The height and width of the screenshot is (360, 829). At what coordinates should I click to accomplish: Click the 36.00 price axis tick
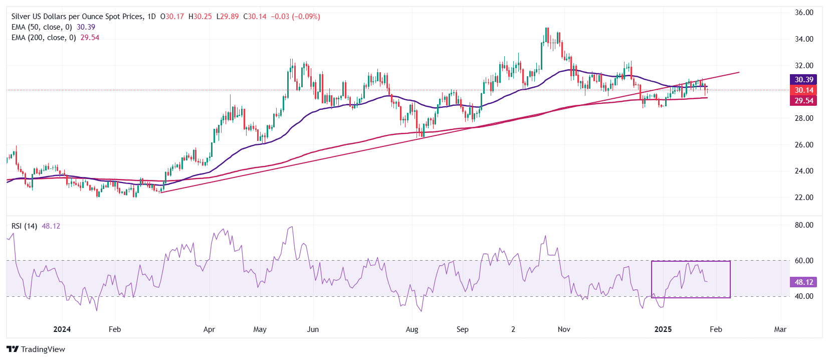(x=803, y=13)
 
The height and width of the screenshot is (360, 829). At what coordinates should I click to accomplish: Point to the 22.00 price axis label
(x=803, y=198)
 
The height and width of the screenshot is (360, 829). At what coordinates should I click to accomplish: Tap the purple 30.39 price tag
(x=803, y=80)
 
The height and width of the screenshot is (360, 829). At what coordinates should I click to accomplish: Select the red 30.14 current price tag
(x=803, y=90)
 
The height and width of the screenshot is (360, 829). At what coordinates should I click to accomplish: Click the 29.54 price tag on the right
(x=803, y=101)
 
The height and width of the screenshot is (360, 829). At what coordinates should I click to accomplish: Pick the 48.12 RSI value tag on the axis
(x=803, y=282)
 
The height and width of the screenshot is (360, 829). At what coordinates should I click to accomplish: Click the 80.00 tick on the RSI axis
(x=803, y=225)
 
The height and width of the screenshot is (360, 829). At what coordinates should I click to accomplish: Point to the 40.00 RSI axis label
(x=803, y=296)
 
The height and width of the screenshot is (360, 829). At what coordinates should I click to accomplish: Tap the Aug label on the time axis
(x=412, y=329)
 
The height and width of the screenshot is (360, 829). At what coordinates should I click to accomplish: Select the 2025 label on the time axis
(x=663, y=329)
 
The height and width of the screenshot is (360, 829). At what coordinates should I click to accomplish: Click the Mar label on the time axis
(x=780, y=329)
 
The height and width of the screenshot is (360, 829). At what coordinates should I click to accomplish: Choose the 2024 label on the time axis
(x=62, y=329)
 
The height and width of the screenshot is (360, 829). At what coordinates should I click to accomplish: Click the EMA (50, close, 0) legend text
(x=42, y=27)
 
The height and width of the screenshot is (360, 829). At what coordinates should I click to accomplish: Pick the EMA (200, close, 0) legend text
(x=44, y=38)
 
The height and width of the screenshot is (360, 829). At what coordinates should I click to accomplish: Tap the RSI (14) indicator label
(x=24, y=226)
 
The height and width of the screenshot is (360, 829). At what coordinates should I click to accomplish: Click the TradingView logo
(x=36, y=349)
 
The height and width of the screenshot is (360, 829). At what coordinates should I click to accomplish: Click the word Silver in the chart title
(x=21, y=17)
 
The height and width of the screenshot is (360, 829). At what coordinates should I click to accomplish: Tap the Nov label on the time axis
(x=564, y=329)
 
